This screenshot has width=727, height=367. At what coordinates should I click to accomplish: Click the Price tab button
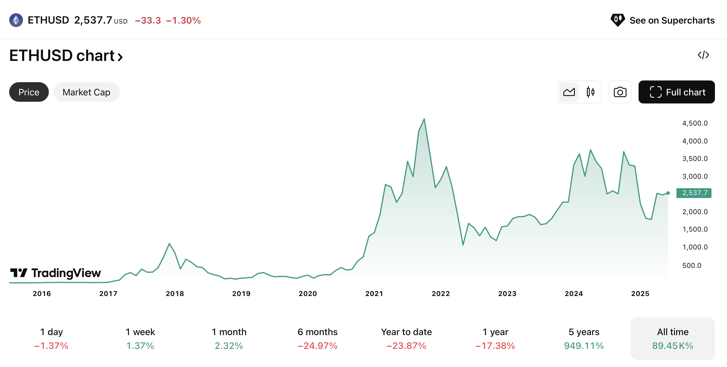coord(29,92)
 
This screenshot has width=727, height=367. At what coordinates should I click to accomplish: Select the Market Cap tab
coord(86,92)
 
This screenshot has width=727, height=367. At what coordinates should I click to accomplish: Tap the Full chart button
coord(676,92)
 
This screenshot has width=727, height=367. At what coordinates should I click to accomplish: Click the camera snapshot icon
coord(620,92)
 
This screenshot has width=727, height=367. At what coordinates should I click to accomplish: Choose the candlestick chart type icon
coord(590,92)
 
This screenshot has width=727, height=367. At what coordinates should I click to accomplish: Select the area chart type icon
coord(569,92)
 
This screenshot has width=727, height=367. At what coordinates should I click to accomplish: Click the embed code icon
coord(703,55)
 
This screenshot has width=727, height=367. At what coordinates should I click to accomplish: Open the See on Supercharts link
coord(663,20)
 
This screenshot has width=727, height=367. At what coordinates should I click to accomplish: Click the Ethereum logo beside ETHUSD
coord(16,20)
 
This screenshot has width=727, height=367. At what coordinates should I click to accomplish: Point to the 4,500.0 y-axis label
coord(695,123)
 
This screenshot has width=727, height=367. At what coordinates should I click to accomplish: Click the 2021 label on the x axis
coord(374,293)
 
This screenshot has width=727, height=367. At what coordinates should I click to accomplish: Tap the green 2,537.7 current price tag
coord(694,193)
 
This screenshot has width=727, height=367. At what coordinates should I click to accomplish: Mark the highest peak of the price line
coord(424,119)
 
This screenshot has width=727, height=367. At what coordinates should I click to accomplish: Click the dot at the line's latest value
coord(668,193)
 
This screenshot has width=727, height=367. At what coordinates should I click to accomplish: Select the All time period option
coord(672,338)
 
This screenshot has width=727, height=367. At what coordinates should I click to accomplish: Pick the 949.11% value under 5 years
coord(584,345)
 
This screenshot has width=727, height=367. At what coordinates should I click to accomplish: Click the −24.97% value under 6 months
coord(318,345)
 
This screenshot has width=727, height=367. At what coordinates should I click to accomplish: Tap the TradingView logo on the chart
coord(55,273)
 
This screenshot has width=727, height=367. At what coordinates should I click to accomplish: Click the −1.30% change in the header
coord(183,20)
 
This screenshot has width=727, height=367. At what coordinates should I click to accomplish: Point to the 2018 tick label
coord(175,293)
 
